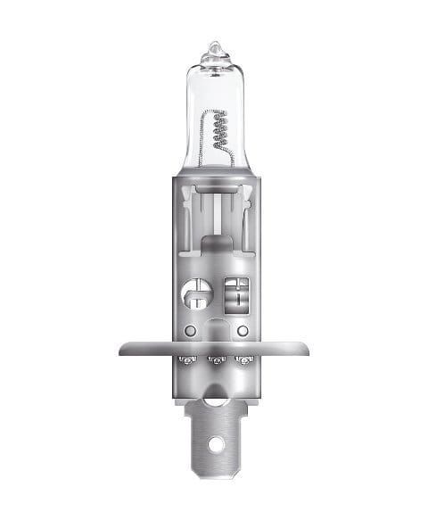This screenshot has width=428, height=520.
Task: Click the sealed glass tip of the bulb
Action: click(214, 46)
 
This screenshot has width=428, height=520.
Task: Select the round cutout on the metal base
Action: click(194, 293)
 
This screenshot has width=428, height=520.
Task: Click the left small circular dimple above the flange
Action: click(190, 331)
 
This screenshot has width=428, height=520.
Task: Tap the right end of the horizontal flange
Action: click(305, 347)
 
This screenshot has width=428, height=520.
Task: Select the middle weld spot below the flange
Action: click(215, 362)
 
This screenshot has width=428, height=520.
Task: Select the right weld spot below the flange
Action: click(241, 362)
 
